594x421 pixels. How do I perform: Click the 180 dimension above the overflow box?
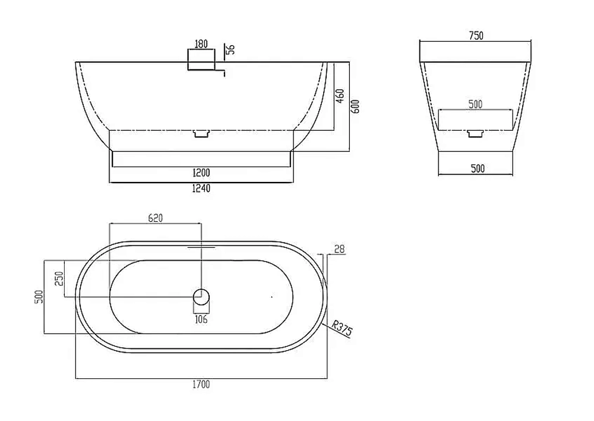[x=201, y=44]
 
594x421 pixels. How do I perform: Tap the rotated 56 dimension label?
[x=230, y=49]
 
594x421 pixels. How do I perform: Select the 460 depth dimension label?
[x=340, y=96]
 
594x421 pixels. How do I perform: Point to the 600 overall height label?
[x=355, y=106]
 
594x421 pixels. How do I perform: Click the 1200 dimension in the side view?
[x=201, y=173]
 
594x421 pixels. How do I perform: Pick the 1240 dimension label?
[x=201, y=188]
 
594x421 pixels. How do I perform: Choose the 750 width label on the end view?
[x=476, y=36]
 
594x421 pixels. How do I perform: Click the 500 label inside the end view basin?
[x=475, y=104]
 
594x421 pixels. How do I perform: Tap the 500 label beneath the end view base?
[x=478, y=168]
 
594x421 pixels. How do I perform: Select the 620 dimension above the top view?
[x=155, y=218]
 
